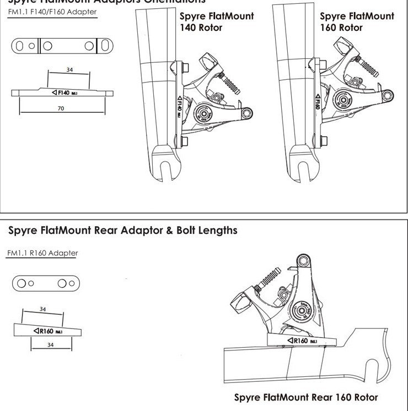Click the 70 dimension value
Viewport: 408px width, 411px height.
click(x=61, y=108)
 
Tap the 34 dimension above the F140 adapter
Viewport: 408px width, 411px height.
click(x=69, y=70)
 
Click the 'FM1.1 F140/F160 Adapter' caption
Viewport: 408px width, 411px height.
click(x=52, y=12)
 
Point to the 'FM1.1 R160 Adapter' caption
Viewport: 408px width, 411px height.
click(x=42, y=253)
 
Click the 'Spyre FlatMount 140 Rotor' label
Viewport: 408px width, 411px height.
click(x=217, y=21)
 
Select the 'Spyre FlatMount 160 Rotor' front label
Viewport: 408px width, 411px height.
click(x=357, y=21)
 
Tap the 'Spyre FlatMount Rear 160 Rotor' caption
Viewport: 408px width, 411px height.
click(x=306, y=397)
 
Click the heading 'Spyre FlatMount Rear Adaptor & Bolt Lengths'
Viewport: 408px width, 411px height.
click(x=122, y=230)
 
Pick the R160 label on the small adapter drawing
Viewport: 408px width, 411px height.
click(x=47, y=331)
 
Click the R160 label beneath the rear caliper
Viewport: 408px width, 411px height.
click(x=300, y=341)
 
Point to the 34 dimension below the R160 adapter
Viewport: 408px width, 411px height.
click(x=51, y=345)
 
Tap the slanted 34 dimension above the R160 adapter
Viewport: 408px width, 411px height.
click(x=42, y=309)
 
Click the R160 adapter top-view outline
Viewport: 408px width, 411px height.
click(x=46, y=284)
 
